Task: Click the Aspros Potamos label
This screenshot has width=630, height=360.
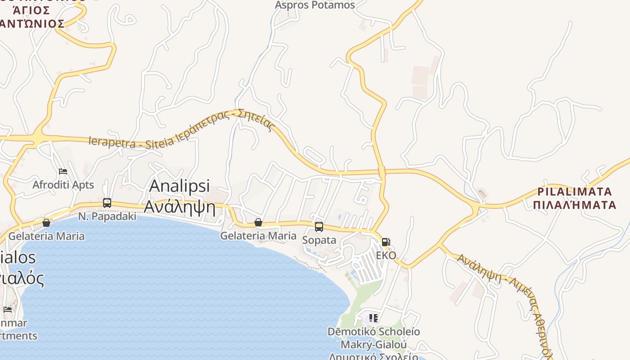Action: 315,5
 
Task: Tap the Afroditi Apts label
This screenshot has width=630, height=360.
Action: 63,184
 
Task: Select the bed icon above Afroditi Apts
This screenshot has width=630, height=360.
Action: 63,171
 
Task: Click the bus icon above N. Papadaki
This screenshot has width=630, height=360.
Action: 107,202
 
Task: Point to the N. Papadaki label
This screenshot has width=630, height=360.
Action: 107,216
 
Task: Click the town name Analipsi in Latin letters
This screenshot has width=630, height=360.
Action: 180,186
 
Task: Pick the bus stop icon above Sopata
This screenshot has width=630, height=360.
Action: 319,227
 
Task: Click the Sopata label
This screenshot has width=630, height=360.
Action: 319,240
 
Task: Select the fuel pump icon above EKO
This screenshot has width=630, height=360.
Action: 386,242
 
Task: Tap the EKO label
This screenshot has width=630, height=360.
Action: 386,256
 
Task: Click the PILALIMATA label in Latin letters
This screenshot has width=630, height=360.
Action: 575,192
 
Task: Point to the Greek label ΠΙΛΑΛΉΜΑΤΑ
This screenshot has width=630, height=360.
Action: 574,205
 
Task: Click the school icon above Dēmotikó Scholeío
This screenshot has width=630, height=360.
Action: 373,319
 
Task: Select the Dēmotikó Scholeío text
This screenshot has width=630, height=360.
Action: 373,332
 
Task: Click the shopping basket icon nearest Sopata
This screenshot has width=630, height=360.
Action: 258,222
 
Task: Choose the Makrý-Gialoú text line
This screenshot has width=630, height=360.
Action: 373,345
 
